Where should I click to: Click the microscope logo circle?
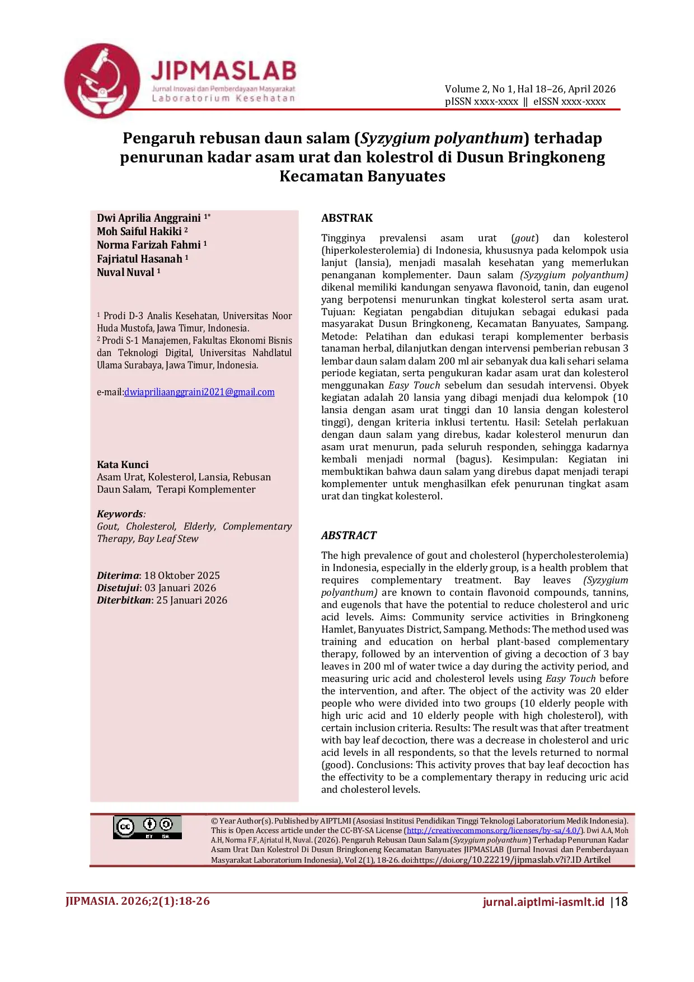click(x=102, y=81)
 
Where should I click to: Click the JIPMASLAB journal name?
click(x=223, y=71)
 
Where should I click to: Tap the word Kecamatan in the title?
click(x=319, y=176)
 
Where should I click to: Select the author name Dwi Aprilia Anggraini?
click(x=148, y=218)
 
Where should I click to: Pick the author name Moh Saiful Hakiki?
click(x=139, y=231)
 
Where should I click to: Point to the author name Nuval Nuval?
click(x=125, y=272)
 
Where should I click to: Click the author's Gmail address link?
click(x=199, y=392)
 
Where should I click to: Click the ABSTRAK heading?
click(x=346, y=218)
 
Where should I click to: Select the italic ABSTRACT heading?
click(x=349, y=535)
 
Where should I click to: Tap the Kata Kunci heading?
click(x=123, y=465)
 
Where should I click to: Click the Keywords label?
click(x=120, y=514)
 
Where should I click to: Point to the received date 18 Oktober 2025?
click(x=182, y=576)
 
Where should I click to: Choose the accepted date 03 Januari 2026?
click(x=180, y=588)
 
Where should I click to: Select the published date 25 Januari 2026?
click(x=191, y=600)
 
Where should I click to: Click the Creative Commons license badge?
click(x=147, y=827)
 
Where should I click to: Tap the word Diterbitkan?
click(x=124, y=600)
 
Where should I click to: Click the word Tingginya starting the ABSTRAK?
click(x=343, y=238)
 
